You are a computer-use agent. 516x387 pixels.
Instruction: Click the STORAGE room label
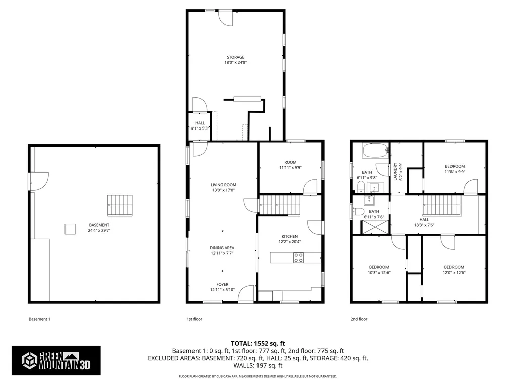point(235,57)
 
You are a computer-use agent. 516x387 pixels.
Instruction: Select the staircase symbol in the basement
point(119,205)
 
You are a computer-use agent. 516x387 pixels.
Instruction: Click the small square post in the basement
point(70,229)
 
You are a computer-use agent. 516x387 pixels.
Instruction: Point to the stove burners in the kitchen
point(298,257)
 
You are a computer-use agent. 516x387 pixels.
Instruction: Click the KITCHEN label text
point(289,236)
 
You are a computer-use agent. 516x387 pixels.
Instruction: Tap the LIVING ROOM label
point(223,185)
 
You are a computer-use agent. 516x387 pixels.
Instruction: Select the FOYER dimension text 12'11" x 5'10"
point(222,290)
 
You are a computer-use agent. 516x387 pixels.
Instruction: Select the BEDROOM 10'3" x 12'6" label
point(378,270)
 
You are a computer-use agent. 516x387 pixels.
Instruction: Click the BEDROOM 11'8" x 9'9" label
point(455,169)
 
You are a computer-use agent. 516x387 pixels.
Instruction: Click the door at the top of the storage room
point(225,17)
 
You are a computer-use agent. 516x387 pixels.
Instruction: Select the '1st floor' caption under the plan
point(195,319)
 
